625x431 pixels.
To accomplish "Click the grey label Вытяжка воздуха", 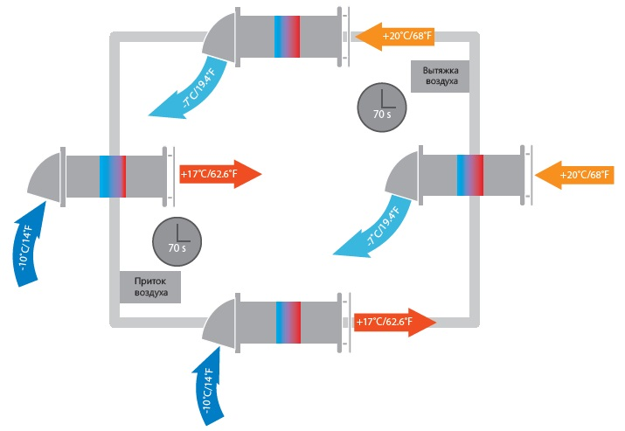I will click(440, 75).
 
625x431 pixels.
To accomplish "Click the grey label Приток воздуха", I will click(150, 286).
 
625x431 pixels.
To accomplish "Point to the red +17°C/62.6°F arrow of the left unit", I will click(219, 173).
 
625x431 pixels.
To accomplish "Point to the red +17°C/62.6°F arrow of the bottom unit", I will click(393, 322).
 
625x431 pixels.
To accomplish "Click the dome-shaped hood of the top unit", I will click(219, 39).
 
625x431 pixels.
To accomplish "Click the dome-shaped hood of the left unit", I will click(45, 176).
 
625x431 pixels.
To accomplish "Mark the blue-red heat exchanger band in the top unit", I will click(286, 36).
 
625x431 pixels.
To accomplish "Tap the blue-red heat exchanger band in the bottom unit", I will click(288, 321).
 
